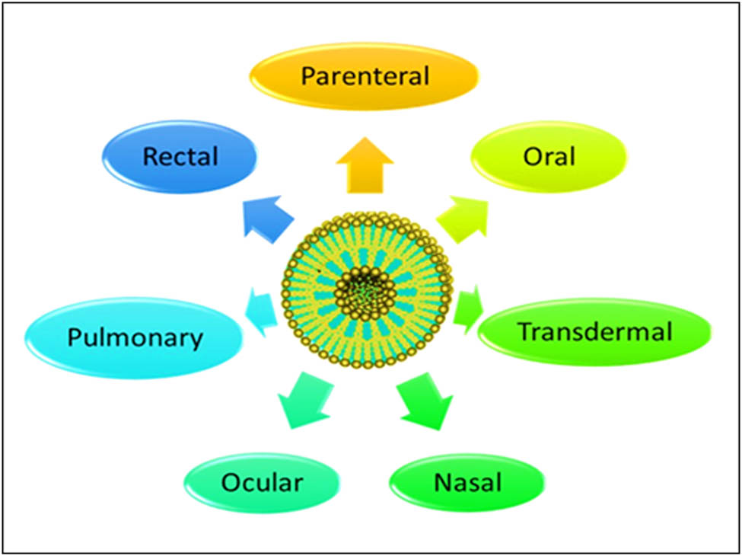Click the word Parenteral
click(x=365, y=76)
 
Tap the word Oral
click(x=549, y=157)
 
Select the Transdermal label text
click(x=595, y=332)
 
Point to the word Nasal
click(x=467, y=483)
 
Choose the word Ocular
click(x=262, y=483)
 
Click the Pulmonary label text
click(x=135, y=337)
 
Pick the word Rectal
click(x=180, y=157)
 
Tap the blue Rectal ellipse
click(x=122, y=157)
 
